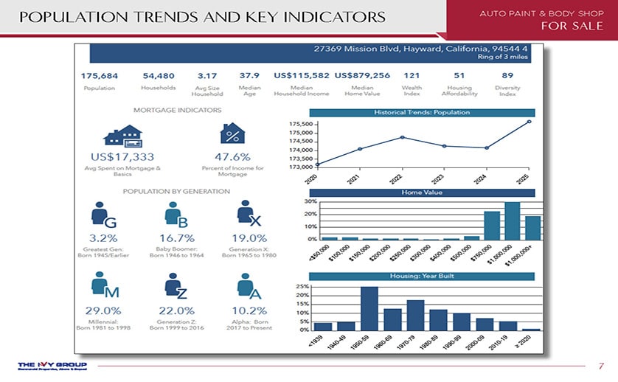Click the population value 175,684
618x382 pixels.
coord(100,76)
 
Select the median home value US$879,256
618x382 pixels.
coord(362,76)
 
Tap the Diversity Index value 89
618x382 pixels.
coord(507,76)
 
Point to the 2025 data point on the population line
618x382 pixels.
coord(529,121)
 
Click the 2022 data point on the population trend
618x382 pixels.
coord(402,137)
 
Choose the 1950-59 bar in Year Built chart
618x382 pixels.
coord(369,308)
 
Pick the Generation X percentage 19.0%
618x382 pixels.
coord(249,238)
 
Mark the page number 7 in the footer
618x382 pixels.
coord(601,366)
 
